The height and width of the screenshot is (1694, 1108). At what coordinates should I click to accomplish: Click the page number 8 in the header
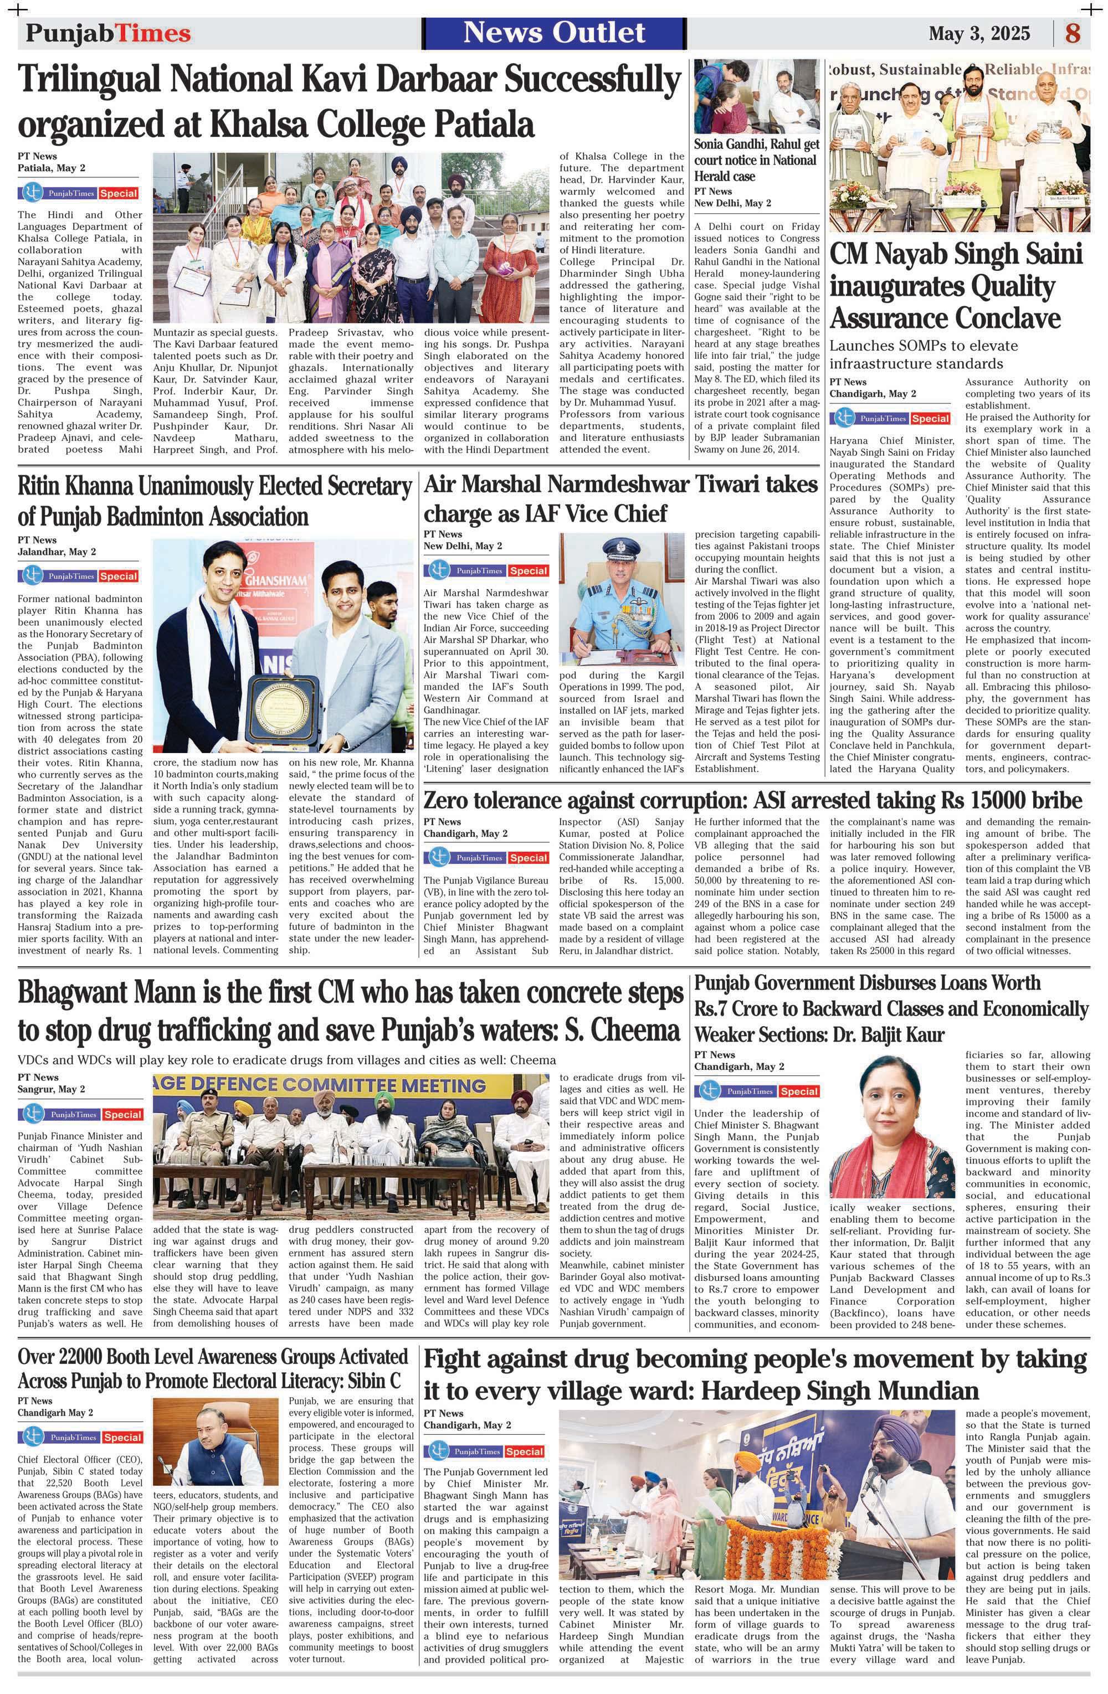1073,33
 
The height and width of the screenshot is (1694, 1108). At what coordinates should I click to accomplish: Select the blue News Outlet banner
554,33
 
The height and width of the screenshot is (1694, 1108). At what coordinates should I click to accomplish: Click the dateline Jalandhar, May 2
57,552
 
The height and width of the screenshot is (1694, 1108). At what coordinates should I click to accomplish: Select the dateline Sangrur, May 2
52,1089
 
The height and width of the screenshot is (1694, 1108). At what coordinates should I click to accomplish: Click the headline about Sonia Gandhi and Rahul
756,160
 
